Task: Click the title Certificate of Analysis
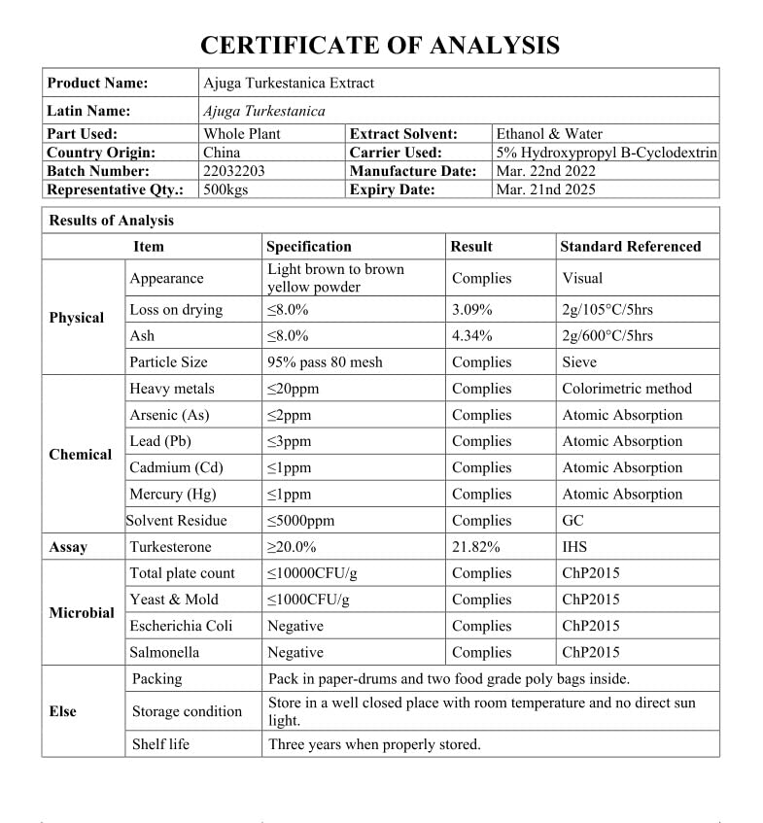click(x=380, y=45)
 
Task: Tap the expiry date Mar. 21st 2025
click(x=545, y=189)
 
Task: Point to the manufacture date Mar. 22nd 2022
click(x=546, y=171)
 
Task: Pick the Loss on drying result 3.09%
click(x=472, y=310)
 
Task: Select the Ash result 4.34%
click(x=472, y=336)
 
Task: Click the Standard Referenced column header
click(x=630, y=247)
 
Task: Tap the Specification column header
click(x=309, y=247)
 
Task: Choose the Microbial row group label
click(x=82, y=613)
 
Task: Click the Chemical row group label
click(x=81, y=454)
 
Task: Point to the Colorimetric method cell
click(x=627, y=389)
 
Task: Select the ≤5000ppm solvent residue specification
click(x=300, y=521)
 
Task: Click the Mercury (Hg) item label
click(x=173, y=494)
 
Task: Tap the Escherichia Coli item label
click(x=181, y=626)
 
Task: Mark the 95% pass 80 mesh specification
click(x=325, y=362)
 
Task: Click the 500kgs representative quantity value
click(x=225, y=189)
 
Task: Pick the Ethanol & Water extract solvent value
click(x=549, y=134)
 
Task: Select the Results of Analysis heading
click(x=112, y=221)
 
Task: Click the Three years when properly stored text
click(x=374, y=744)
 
